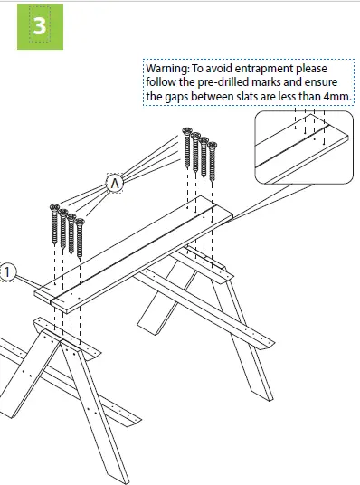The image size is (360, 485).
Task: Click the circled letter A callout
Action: tap(115, 184)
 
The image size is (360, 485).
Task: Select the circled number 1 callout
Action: tap(7, 271)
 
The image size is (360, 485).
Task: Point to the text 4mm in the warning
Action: tap(336, 96)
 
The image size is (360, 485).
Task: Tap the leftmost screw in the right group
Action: tap(189, 150)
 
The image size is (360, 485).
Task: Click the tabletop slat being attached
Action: tap(136, 252)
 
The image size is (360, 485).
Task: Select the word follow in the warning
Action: tap(162, 82)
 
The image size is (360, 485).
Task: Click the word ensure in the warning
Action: tap(330, 82)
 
